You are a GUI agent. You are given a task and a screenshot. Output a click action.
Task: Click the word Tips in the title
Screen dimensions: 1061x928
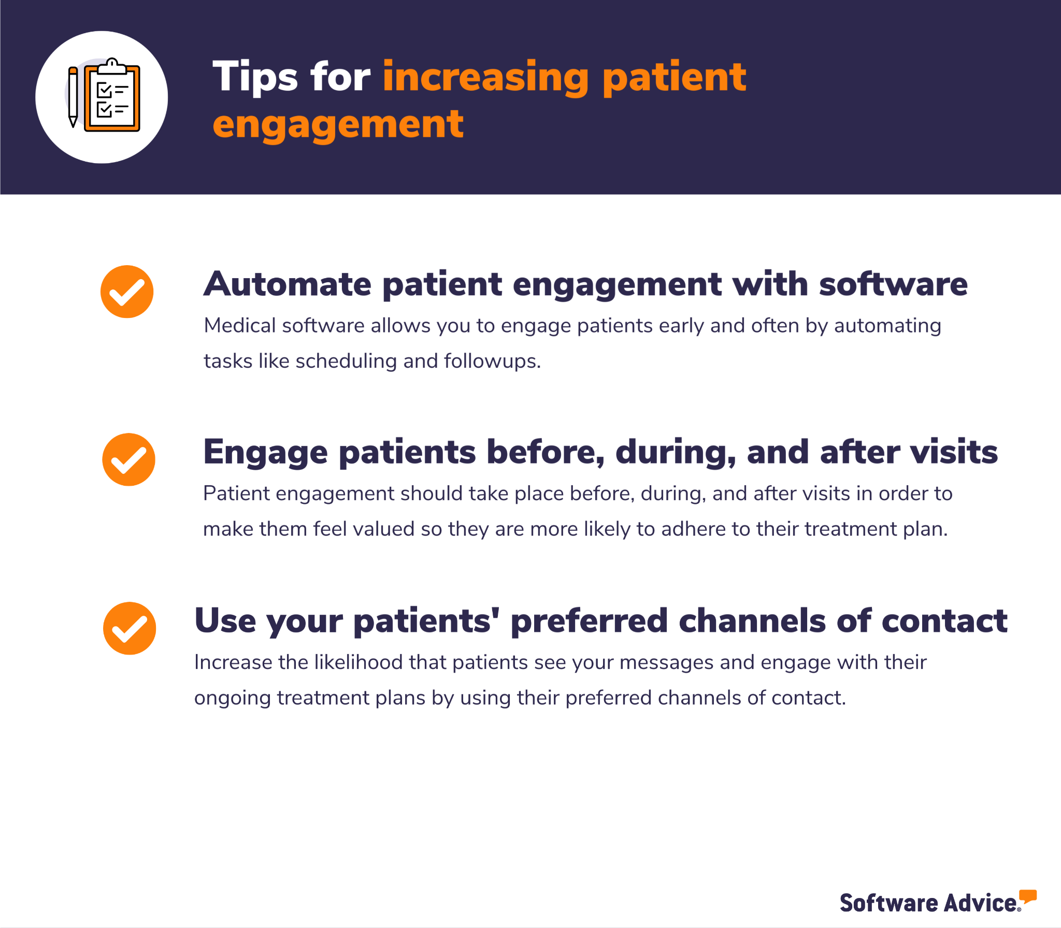255,77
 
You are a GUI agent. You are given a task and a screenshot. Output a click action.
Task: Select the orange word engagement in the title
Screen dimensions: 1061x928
338,125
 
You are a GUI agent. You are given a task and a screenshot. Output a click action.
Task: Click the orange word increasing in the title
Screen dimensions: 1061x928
486,78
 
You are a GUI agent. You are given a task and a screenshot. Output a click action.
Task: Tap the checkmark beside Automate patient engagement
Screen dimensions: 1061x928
127,292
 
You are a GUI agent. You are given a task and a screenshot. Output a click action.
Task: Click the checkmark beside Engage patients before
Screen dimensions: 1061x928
128,459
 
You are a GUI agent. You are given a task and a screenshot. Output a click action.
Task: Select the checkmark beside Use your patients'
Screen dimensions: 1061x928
130,628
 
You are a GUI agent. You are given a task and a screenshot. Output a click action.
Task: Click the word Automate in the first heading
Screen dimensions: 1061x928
288,284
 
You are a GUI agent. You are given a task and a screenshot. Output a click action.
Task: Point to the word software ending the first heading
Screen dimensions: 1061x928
894,284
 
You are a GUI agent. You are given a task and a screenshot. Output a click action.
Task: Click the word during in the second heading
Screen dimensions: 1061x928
676,453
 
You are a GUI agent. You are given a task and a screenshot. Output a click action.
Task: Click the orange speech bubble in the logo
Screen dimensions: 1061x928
1028,896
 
